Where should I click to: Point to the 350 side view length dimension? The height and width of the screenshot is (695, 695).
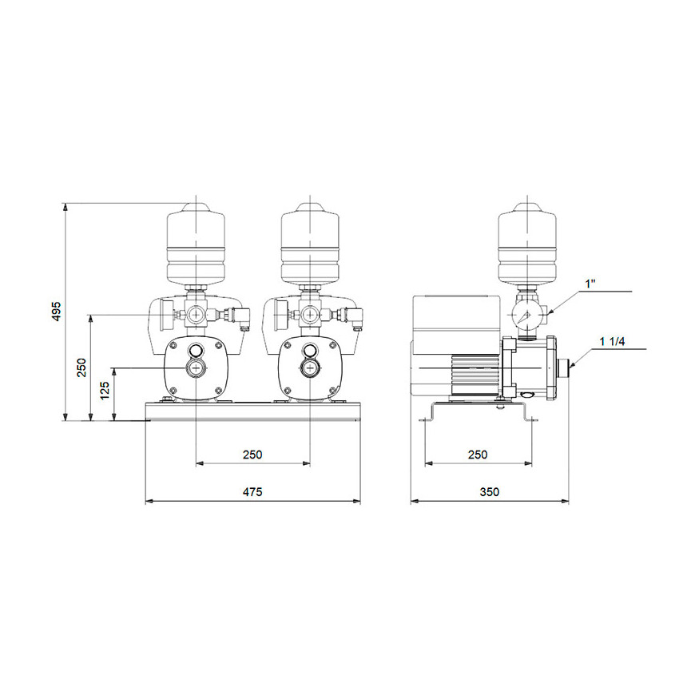pos(489,492)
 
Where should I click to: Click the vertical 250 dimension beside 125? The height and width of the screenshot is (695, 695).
pos(81,367)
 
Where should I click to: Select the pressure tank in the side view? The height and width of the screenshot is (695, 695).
pos(526,243)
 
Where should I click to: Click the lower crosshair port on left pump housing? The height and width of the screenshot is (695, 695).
pos(195,367)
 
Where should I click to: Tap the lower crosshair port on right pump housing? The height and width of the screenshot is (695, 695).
pos(310,367)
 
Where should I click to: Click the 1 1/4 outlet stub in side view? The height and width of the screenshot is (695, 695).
pos(566,368)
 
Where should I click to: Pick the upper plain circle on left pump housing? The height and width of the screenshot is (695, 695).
pos(195,348)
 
